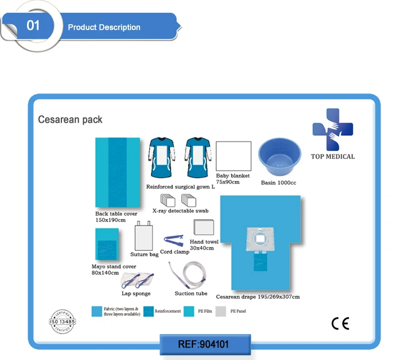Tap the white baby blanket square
[233, 156]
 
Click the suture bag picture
[144, 235]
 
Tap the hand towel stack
[204, 227]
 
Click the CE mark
[340, 323]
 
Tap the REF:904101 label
[203, 344]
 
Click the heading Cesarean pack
[70, 119]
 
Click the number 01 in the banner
[33, 26]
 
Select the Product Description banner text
[104, 27]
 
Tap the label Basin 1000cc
[279, 183]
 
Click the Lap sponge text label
[136, 294]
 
